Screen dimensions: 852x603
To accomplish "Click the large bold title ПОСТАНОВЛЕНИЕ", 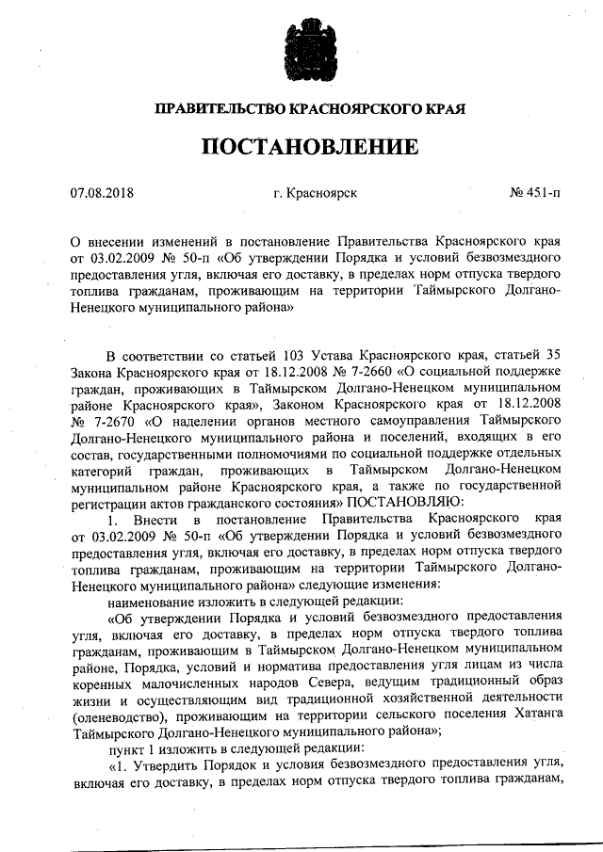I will pos(301,148).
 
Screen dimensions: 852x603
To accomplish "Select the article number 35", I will pos(554,355).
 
